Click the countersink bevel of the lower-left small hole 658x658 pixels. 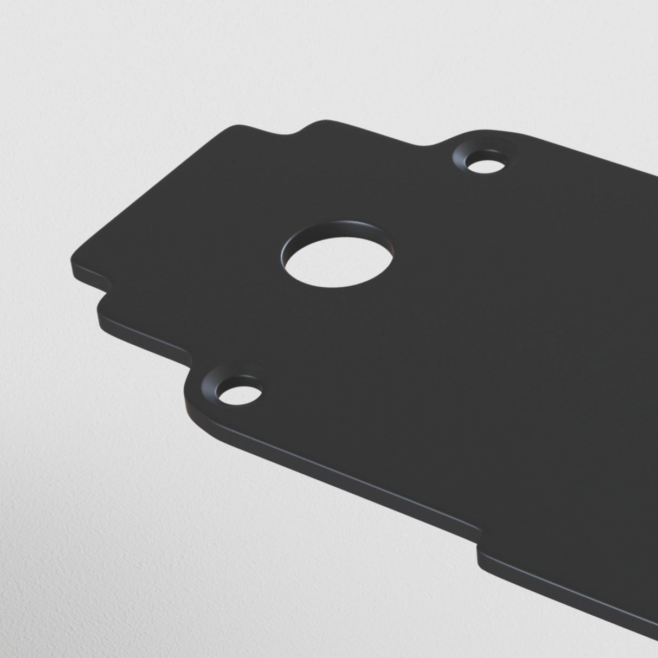(x=212, y=386)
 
